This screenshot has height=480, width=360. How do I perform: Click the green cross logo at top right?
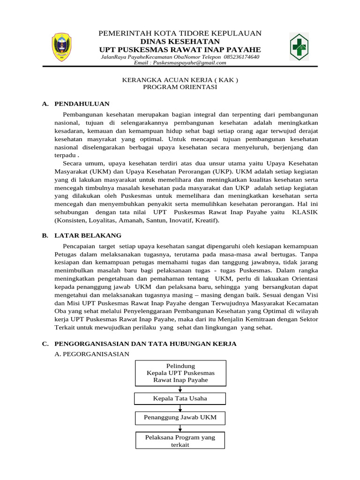point(299,47)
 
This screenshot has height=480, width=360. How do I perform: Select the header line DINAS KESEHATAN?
point(180,42)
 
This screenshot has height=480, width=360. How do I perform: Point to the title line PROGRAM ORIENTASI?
point(180,87)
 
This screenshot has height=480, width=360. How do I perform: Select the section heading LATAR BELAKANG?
point(88,235)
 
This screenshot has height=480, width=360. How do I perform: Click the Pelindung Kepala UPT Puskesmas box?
point(180,373)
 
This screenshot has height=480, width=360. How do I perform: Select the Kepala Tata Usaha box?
point(180,398)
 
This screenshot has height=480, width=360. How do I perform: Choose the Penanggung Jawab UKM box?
point(180,417)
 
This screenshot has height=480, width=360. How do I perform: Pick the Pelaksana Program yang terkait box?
point(180,441)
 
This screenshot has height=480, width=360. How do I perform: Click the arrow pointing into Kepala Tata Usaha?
point(180,390)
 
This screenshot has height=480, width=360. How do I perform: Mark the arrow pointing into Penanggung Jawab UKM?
point(180,409)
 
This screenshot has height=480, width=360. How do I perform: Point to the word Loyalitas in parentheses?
point(105,220)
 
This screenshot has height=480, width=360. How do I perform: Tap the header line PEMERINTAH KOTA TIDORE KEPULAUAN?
point(180,34)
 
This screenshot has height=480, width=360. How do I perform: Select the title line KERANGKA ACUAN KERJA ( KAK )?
point(180,80)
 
